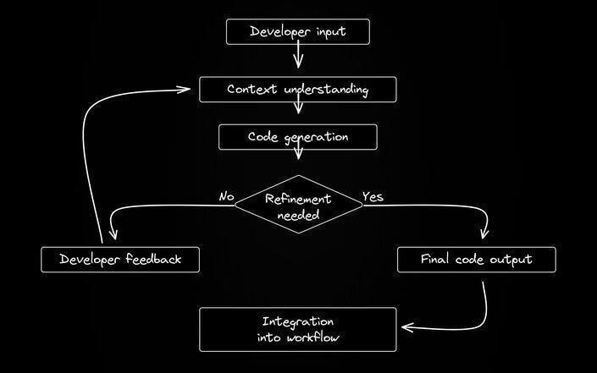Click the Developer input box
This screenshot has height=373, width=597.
(x=298, y=32)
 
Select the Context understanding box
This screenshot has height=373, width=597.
(x=298, y=90)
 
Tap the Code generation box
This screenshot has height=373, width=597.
(x=298, y=137)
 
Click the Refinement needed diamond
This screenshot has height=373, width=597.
(x=298, y=205)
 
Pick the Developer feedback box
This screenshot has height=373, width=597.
(x=120, y=260)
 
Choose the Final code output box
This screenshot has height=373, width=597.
(x=476, y=260)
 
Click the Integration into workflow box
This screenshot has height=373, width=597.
(x=298, y=329)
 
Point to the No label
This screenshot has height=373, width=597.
(x=227, y=196)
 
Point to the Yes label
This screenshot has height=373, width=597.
(x=373, y=196)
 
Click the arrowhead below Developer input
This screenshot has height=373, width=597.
(x=298, y=62)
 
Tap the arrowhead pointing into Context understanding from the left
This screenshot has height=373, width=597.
(x=184, y=90)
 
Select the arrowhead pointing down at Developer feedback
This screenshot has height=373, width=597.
(x=113, y=233)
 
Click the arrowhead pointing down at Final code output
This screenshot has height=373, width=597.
(x=484, y=233)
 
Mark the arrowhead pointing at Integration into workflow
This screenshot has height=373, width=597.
(x=407, y=327)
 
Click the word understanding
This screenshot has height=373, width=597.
(x=326, y=90)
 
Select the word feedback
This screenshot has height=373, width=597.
(x=153, y=259)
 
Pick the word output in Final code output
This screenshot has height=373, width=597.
(x=511, y=260)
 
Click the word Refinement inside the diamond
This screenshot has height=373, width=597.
(x=298, y=199)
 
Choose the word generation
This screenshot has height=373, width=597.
(x=317, y=138)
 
